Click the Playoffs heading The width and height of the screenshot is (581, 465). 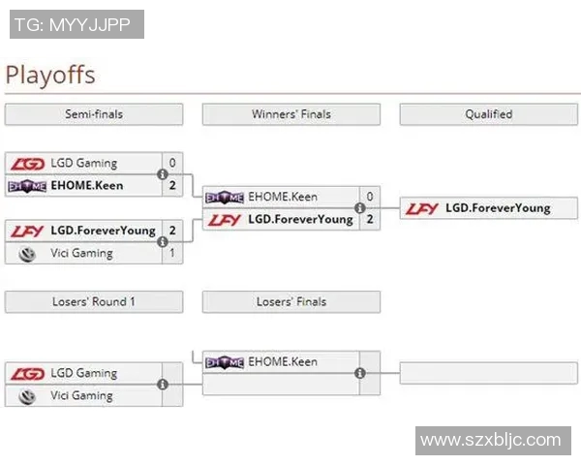tap(50, 75)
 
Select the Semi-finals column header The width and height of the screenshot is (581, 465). tap(93, 114)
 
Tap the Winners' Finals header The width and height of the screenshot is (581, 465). tap(290, 114)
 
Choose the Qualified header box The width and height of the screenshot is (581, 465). tap(488, 114)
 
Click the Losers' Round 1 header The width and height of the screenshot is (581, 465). tap(93, 302)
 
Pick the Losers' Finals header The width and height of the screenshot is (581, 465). tap(290, 302)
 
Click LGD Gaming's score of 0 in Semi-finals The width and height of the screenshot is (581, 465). tap(172, 163)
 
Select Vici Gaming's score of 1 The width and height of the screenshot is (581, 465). tap(172, 253)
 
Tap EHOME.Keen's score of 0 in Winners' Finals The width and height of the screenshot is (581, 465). tap(370, 197)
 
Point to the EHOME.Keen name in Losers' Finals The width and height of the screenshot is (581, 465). tap(283, 362)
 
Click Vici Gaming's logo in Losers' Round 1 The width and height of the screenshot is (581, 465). tap(28, 395)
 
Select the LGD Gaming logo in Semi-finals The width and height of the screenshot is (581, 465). tap(27, 163)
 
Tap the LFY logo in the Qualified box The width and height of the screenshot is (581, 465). tap(422, 208)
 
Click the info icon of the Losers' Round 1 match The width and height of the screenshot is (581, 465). tap(163, 385)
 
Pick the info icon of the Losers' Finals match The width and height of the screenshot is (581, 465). tap(360, 373)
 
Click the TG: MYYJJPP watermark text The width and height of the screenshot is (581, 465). tap(76, 24)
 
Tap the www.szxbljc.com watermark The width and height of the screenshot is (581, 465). tap(490, 441)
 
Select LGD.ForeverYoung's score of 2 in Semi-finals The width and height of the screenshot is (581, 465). tap(172, 231)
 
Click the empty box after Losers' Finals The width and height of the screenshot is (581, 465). tap(488, 373)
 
